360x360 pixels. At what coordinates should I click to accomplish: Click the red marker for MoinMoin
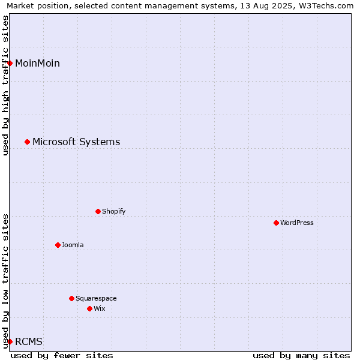coord(10,63)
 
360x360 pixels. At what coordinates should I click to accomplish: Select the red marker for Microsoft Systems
coord(28,142)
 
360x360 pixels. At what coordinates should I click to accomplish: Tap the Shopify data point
coord(98,211)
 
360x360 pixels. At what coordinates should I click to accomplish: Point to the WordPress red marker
coord(276,223)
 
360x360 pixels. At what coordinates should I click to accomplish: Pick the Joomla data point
coord(58,245)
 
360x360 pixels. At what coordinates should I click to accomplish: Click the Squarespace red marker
coord(71,298)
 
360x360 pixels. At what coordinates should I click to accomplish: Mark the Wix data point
coord(90,309)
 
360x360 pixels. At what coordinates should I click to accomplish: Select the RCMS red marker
coord(10,341)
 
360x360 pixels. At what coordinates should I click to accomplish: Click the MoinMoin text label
coord(37,63)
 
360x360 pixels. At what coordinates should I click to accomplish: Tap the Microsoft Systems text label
coord(76,142)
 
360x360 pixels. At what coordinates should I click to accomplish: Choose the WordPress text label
coord(297,223)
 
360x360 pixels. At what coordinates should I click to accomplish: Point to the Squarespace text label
coord(96,298)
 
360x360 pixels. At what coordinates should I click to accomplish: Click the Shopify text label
coord(114,211)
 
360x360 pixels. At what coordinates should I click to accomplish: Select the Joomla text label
coord(73,245)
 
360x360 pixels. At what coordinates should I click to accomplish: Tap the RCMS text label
coord(29,341)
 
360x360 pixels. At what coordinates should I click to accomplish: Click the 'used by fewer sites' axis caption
coord(62,356)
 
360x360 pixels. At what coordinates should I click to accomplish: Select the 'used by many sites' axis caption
coord(301,356)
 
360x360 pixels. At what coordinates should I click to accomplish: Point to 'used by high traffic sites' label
coord(5,85)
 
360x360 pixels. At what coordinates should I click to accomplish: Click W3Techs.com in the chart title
coord(326,6)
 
